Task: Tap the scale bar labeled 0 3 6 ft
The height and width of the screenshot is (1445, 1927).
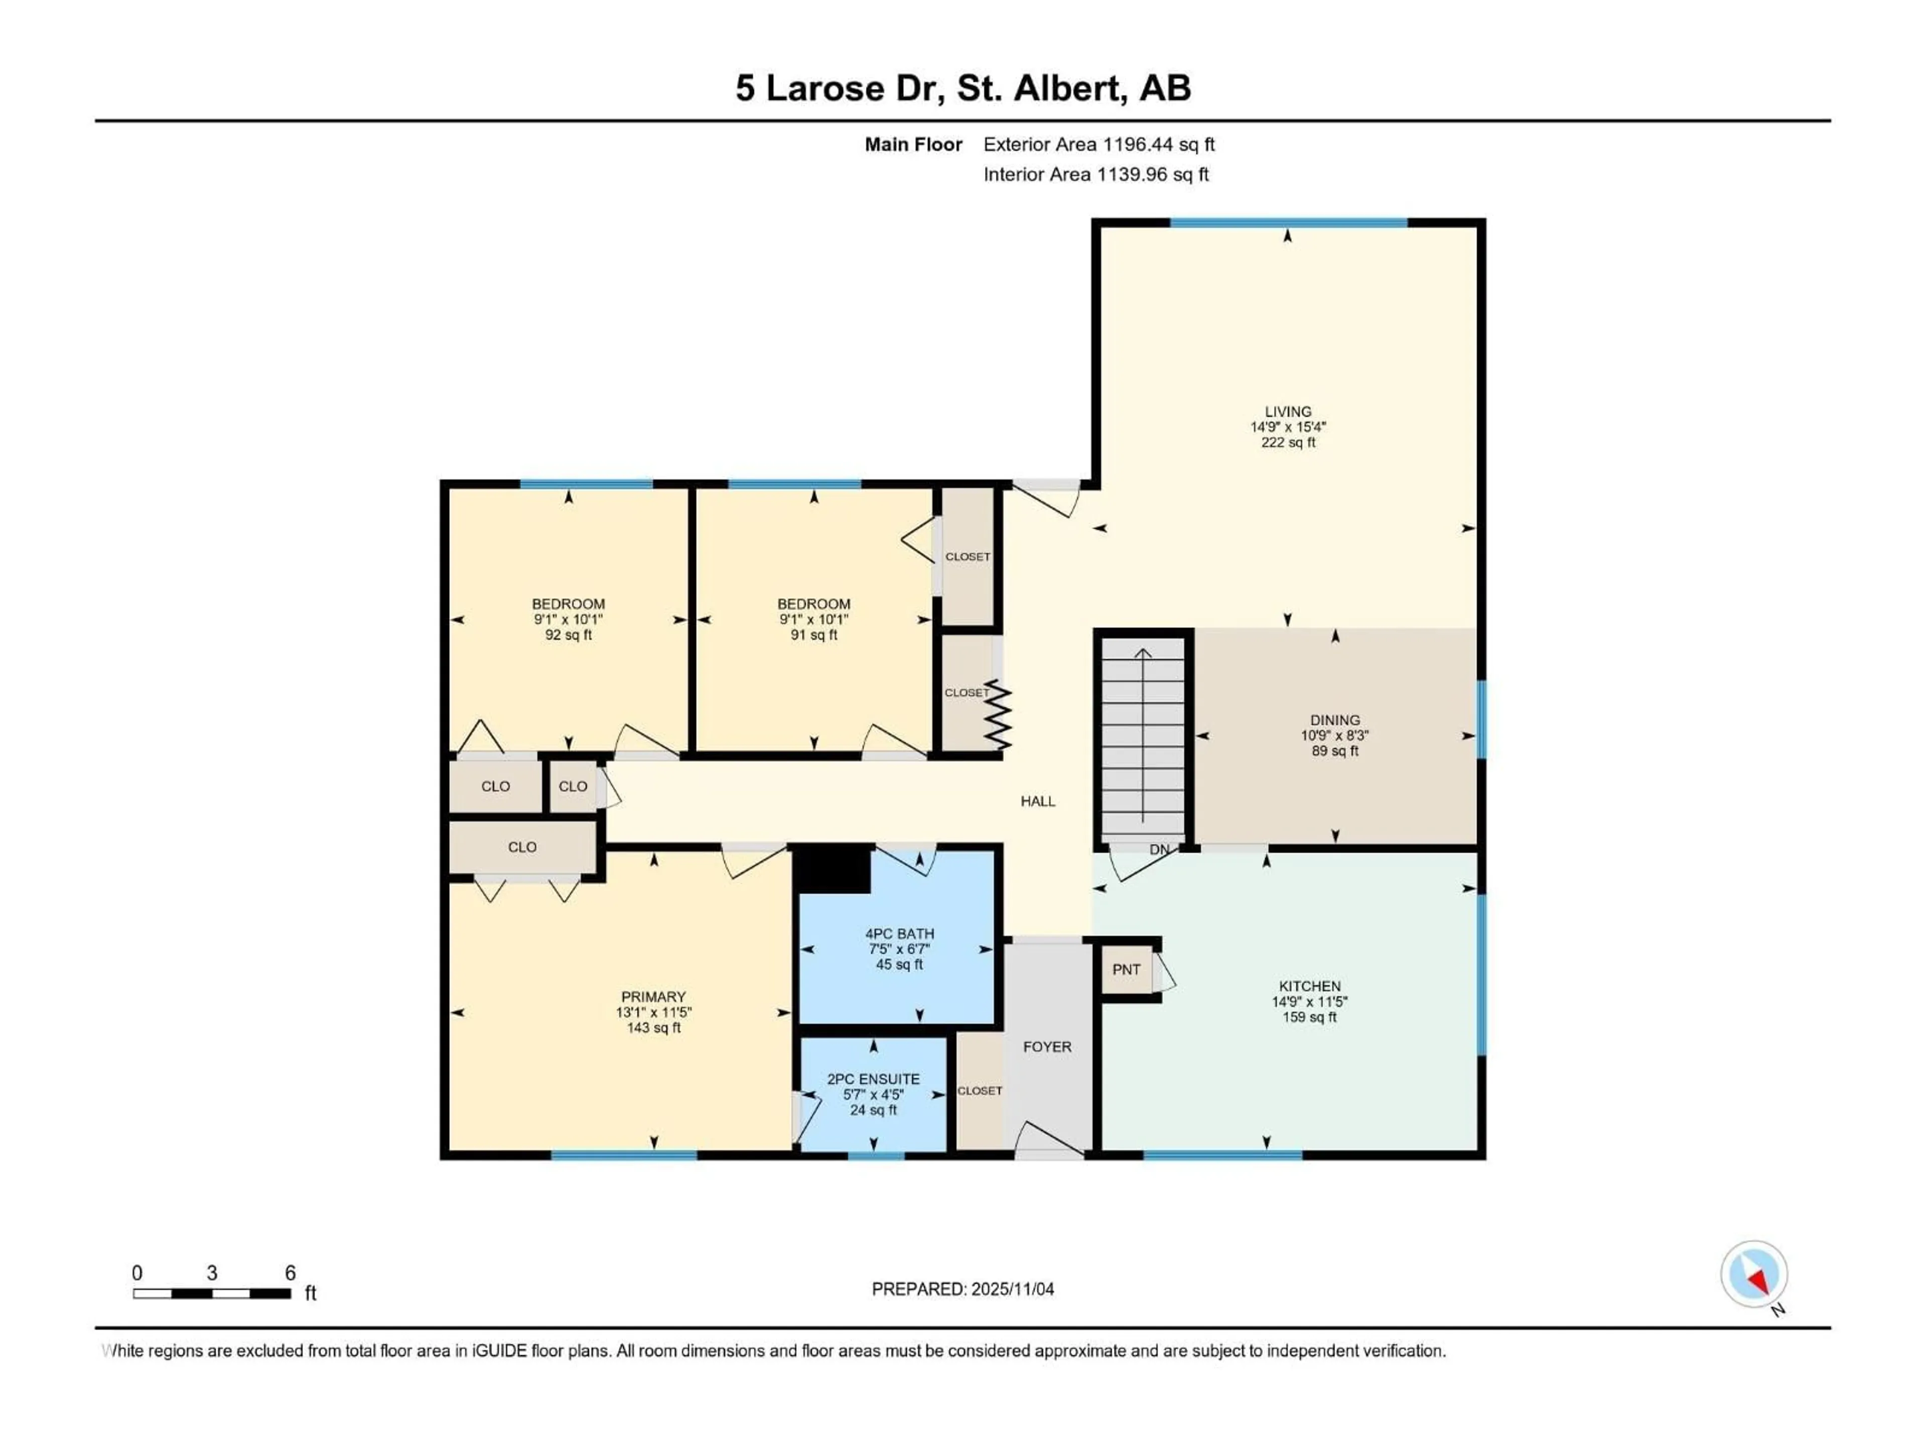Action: tap(212, 1293)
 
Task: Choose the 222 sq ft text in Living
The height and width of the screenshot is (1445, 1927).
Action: tap(1288, 443)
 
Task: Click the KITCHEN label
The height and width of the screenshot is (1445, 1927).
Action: tap(1309, 986)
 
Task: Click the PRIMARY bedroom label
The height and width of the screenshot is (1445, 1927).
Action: tap(653, 996)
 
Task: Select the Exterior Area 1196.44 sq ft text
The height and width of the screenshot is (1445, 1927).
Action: tap(1098, 144)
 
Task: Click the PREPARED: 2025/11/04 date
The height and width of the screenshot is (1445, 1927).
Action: tap(962, 1289)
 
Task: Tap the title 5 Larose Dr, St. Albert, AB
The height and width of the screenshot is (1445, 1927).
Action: tap(962, 88)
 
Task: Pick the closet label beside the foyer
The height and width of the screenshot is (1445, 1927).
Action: tap(979, 1090)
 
